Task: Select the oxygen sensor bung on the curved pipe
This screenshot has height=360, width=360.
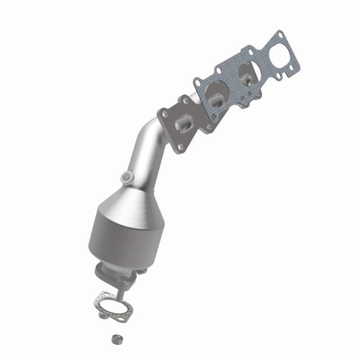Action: tap(128, 176)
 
